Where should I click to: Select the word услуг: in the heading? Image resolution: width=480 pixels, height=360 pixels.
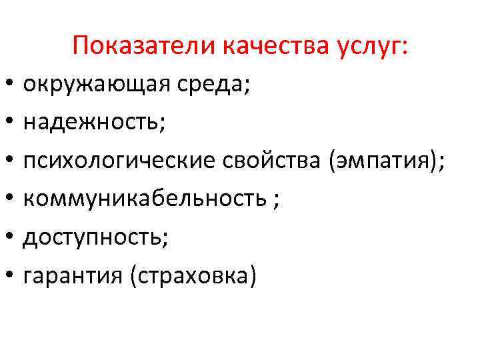[x=377, y=46]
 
